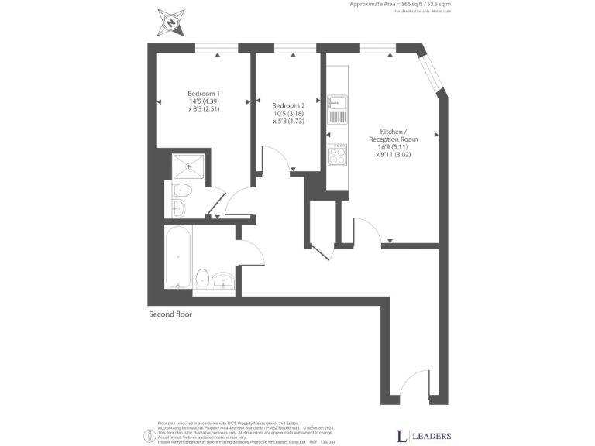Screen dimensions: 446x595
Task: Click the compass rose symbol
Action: click(170, 22)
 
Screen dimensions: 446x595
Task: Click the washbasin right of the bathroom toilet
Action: click(225, 280)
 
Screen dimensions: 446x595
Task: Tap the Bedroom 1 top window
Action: click(216, 49)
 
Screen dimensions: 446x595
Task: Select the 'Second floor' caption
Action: click(170, 314)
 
